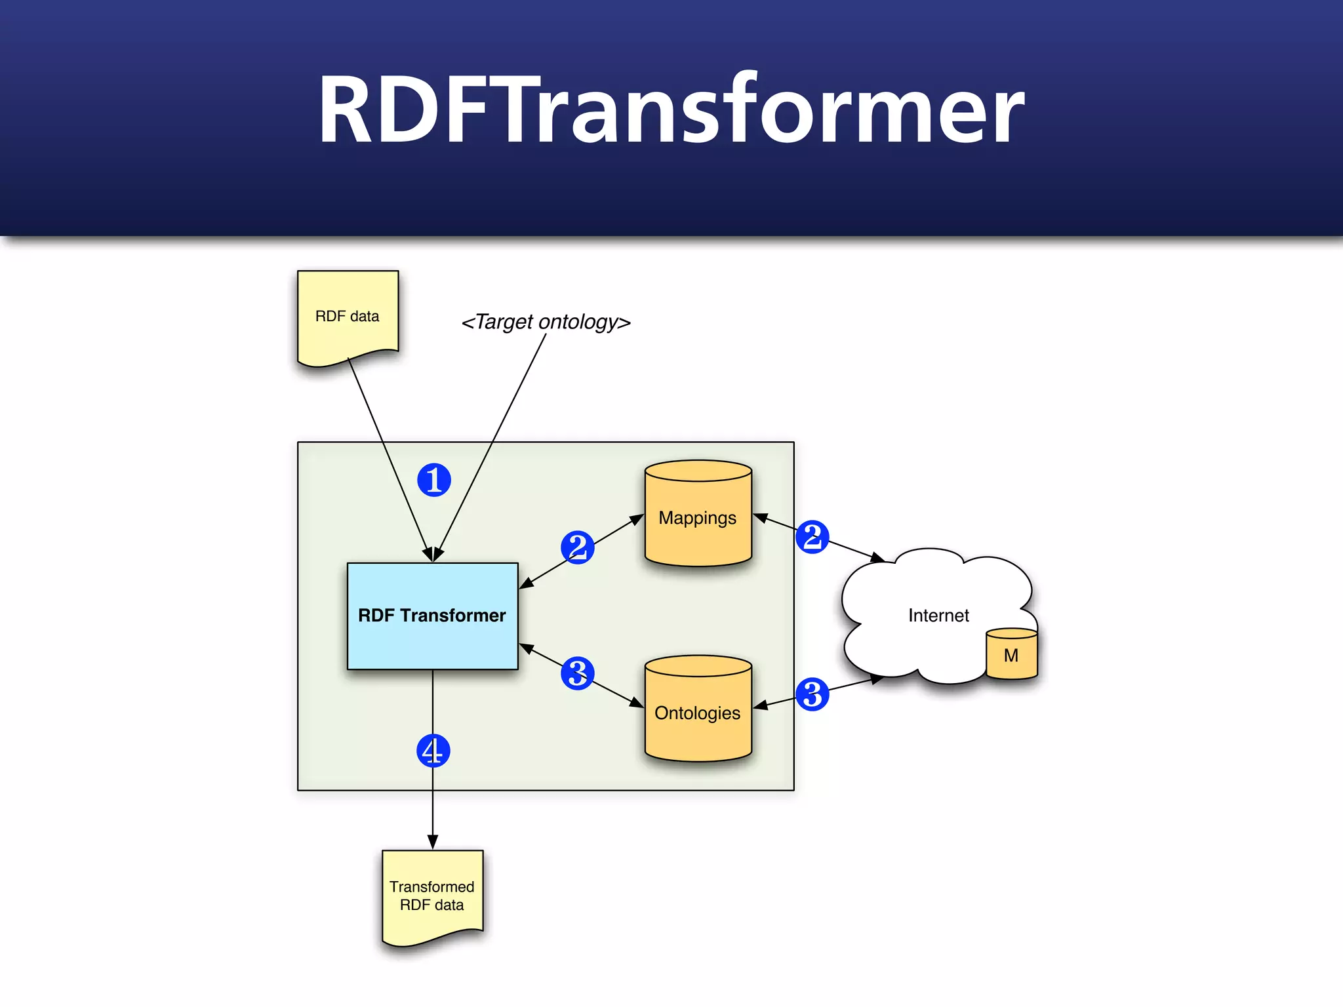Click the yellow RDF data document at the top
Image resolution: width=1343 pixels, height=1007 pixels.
(348, 316)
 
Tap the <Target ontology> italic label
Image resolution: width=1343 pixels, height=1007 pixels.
(546, 322)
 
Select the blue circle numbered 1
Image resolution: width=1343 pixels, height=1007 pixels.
(434, 480)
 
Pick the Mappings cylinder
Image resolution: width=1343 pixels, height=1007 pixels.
(698, 518)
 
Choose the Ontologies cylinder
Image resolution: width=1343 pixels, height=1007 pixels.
(698, 713)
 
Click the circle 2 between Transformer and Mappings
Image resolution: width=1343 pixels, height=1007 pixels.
(577, 547)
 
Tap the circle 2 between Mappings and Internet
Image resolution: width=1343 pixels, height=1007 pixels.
(812, 537)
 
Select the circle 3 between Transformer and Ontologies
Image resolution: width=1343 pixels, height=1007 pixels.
(577, 673)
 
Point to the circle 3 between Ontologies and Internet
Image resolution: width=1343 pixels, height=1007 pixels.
(812, 694)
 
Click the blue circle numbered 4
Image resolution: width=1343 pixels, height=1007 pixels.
(433, 751)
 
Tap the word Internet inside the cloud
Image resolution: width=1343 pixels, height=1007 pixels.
(938, 616)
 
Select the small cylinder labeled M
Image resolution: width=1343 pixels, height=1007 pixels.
(1011, 655)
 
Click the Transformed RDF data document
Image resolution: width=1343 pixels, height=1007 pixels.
(432, 896)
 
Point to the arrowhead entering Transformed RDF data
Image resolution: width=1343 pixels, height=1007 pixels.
(433, 842)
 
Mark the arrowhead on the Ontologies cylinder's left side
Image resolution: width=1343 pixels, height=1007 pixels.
(637, 703)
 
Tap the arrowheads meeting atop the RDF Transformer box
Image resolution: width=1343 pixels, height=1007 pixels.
(433, 555)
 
